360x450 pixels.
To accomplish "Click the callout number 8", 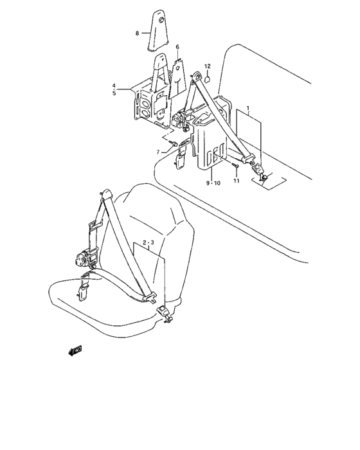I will point(137,32).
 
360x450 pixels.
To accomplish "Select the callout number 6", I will point(177,46).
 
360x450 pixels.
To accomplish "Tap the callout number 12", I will point(208,66).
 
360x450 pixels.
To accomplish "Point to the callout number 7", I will point(157,152).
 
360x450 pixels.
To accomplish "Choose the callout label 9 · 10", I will point(213,183).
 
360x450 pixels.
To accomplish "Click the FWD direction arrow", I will point(75,350).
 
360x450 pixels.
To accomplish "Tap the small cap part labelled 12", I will point(209,78).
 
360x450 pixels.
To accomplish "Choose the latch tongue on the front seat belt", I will point(152,298).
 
